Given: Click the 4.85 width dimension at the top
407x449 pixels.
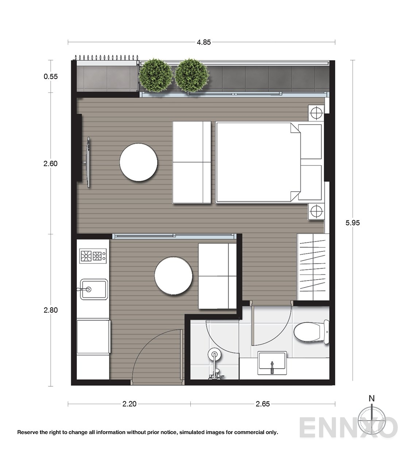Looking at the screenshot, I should coord(204,42).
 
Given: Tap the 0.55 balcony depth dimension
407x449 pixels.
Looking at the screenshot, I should coord(51,77).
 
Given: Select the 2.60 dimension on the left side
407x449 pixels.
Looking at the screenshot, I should coord(51,164).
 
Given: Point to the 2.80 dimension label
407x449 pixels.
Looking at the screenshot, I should coord(51,310).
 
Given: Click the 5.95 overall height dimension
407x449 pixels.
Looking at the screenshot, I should coord(353,223).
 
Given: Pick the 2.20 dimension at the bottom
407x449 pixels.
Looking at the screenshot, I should coord(129,404).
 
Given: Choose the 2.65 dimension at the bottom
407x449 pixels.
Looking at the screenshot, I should coord(263,404).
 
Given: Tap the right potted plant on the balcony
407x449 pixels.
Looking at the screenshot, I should coord(192,76).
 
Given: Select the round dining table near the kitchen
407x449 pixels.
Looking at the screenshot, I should coord(174,276).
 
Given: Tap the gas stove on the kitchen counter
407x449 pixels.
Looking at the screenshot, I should coord(93,256).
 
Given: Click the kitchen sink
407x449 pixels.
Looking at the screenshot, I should coord(94,289).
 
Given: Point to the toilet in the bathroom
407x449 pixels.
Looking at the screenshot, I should coord(311,332).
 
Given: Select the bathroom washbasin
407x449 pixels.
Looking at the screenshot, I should coord(272,363).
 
